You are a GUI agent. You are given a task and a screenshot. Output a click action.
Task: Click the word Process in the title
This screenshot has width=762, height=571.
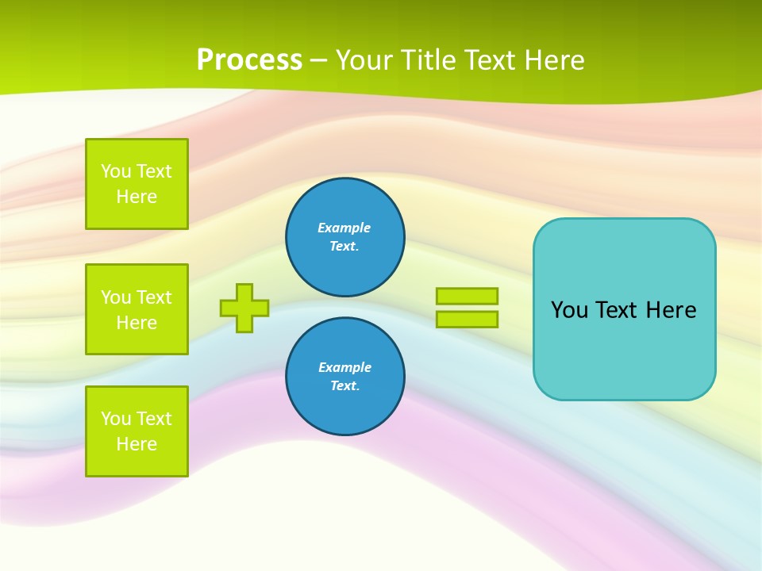click(249, 60)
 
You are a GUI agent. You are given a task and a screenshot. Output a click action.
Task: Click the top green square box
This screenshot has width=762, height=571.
click(137, 184)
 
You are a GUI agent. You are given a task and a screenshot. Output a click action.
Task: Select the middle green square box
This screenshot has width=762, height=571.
click(137, 309)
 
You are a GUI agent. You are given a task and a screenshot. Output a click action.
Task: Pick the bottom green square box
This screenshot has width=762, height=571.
click(137, 431)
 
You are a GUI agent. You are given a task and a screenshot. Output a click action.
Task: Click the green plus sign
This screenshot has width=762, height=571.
click(244, 308)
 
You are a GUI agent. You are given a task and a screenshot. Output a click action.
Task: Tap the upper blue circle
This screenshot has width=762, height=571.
click(344, 237)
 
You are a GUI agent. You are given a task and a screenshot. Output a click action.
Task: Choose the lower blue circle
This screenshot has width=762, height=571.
click(344, 377)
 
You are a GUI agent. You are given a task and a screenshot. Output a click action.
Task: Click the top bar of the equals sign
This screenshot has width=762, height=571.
click(467, 296)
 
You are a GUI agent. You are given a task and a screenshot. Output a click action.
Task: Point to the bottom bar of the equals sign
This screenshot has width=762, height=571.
click(467, 319)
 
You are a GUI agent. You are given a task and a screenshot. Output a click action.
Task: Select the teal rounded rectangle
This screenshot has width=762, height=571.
click(624, 349)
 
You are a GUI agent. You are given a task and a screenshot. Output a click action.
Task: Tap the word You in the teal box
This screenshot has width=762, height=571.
click(569, 310)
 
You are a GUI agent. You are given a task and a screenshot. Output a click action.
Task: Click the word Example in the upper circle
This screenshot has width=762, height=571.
click(344, 228)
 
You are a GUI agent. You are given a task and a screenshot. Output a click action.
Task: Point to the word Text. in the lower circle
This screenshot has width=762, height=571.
click(344, 386)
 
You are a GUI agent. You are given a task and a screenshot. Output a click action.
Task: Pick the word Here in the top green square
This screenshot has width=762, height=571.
click(137, 197)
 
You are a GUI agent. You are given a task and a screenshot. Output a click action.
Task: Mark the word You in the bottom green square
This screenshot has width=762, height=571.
click(116, 419)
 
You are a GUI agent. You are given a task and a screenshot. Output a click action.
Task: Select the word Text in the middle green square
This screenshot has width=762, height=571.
click(154, 297)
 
